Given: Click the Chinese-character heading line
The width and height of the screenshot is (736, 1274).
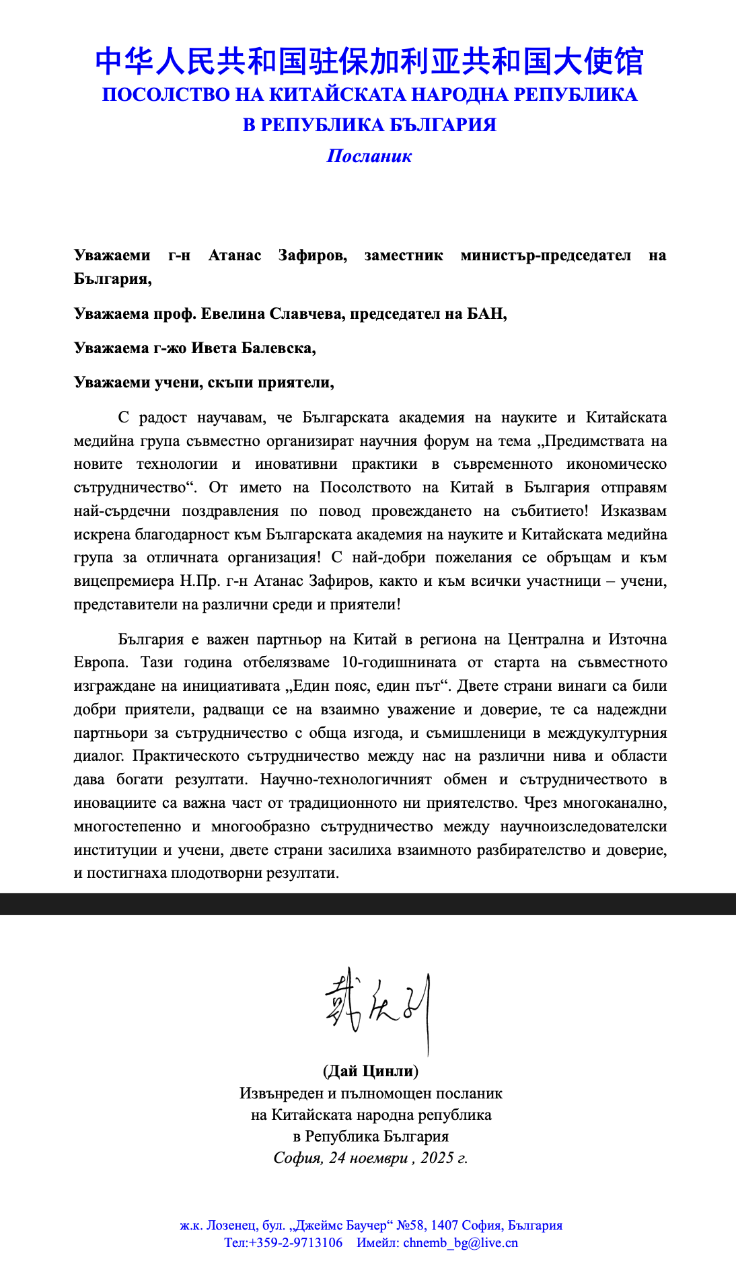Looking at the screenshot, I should [x=369, y=62].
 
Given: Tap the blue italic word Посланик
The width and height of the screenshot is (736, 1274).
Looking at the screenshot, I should [x=369, y=157].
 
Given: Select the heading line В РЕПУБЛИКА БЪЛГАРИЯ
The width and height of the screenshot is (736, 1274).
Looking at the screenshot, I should [x=369, y=125].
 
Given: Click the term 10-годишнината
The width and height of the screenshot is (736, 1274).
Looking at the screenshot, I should [x=398, y=663].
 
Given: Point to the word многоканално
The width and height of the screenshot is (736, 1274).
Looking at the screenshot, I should [x=621, y=803].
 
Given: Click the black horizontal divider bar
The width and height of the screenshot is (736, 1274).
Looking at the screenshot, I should [x=368, y=904].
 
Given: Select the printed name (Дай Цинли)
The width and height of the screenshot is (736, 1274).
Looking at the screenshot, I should [x=370, y=1071].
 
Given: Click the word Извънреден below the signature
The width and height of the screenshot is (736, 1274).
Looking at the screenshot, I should [x=277, y=1094].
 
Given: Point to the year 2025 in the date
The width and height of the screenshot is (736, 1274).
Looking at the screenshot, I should [x=437, y=1158].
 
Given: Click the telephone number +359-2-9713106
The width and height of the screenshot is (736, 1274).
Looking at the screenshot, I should [x=295, y=1243].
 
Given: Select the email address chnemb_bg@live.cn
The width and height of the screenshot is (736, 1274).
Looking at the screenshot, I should [x=460, y=1243].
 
